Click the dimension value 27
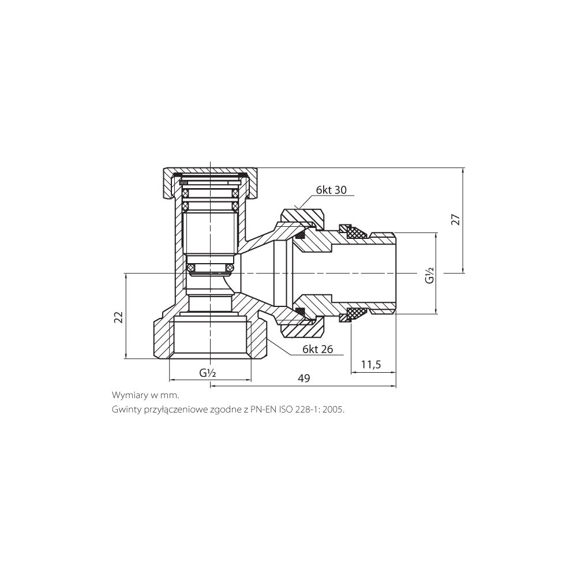click(456, 219)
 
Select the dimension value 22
click(118, 317)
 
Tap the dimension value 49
click(304, 378)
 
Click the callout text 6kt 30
click(331, 190)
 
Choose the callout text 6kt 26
click(317, 349)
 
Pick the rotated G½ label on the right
click(430, 275)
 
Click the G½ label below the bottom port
click(208, 373)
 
